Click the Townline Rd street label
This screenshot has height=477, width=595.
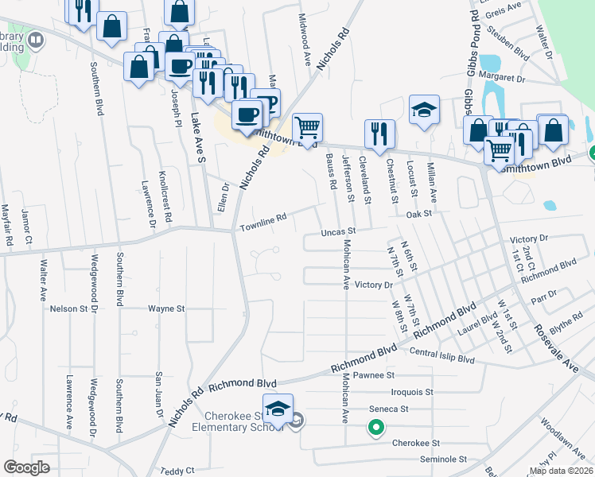(263, 223)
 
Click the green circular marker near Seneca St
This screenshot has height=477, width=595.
(374, 429)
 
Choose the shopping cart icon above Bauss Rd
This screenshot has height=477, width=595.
(307, 127)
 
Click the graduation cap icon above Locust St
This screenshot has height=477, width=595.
(425, 110)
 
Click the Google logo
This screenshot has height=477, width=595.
(26, 467)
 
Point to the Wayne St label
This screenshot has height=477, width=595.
(166, 308)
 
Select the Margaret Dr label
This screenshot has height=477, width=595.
(520, 79)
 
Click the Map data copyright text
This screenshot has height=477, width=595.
(561, 471)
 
